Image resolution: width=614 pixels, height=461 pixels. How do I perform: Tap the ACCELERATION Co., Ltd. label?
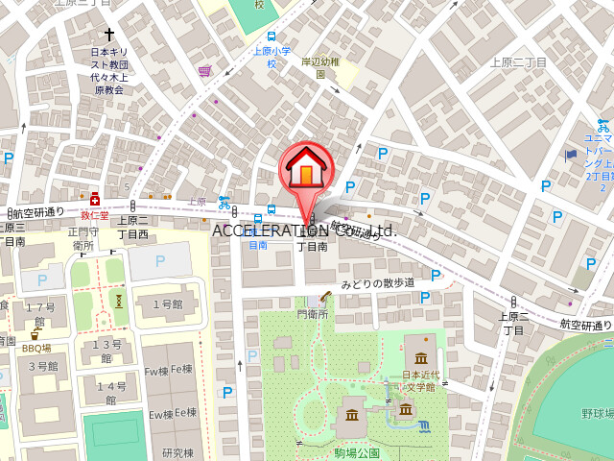point(304,230)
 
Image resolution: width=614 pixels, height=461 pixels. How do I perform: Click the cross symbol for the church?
point(108,35)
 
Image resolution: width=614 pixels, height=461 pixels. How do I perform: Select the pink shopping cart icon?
point(204,70)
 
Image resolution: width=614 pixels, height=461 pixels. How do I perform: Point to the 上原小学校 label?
point(272,58)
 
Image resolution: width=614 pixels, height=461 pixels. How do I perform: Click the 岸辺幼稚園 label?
point(320,67)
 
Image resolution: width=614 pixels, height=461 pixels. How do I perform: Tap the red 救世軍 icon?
point(94,199)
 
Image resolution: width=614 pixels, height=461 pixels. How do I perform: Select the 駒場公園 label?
point(357,452)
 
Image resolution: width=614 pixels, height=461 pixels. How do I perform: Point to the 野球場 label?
point(597,413)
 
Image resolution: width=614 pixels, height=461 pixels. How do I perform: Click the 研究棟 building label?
point(178,453)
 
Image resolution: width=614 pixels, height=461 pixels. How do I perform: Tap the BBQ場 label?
point(36,348)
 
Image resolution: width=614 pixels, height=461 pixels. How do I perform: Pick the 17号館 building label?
point(39,315)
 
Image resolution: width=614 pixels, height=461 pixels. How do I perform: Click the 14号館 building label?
point(111,393)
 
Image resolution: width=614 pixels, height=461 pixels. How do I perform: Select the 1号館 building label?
point(168,305)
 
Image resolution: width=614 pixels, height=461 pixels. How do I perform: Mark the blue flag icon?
point(571,153)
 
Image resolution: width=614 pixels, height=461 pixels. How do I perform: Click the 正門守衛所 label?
point(83,238)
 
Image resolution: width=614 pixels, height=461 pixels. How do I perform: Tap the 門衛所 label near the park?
point(313,313)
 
